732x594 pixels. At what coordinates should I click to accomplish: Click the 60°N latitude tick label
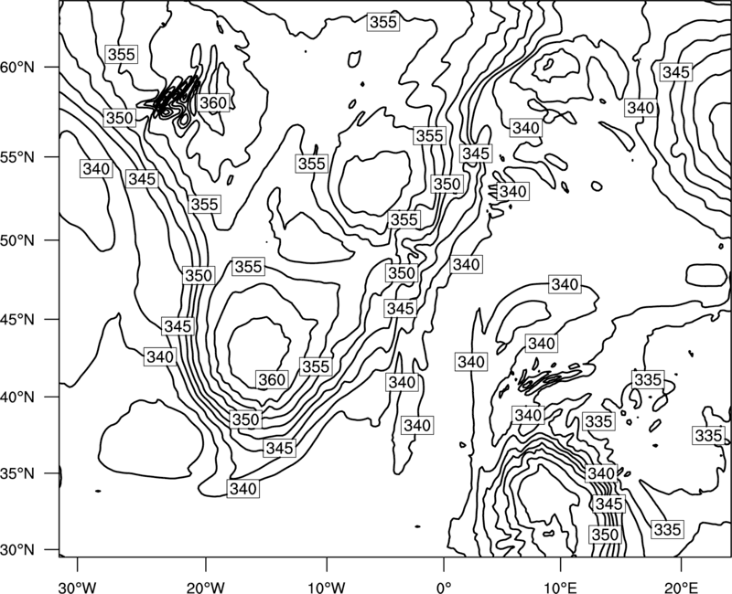click(x=17, y=68)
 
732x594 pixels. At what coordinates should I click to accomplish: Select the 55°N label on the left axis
click(x=17, y=157)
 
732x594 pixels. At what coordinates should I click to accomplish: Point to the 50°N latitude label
click(x=17, y=241)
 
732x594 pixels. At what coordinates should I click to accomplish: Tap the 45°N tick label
click(x=17, y=320)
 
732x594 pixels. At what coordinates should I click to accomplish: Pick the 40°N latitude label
click(x=17, y=398)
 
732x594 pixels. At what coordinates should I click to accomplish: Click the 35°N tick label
click(x=17, y=474)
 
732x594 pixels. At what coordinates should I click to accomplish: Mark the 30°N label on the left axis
click(x=17, y=550)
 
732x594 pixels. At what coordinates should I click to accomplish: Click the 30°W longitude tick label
click(x=77, y=588)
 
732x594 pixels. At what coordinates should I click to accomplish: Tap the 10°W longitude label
click(x=327, y=588)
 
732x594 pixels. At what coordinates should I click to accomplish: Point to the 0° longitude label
click(x=444, y=588)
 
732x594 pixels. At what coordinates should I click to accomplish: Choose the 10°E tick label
click(x=560, y=588)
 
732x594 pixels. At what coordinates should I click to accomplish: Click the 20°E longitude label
click(x=681, y=588)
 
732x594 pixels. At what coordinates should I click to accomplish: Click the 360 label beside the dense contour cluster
click(x=213, y=103)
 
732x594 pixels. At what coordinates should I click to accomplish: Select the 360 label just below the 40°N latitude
click(x=272, y=379)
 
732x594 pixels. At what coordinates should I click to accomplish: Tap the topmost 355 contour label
click(x=383, y=22)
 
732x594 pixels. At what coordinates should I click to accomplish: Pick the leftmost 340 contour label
click(x=97, y=169)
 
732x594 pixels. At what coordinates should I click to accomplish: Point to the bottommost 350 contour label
click(x=605, y=535)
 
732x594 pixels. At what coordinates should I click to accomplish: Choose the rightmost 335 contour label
click(x=708, y=436)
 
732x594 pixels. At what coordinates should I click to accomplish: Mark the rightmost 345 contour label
click(x=676, y=72)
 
